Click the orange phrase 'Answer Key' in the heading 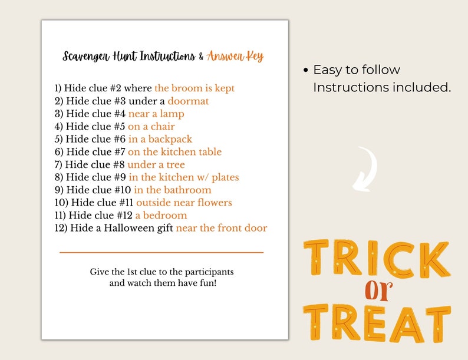235,57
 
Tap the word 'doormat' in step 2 188,101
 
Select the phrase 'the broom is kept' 195,88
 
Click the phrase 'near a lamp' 156,114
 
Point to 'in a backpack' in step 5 160,139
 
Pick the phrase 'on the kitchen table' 174,152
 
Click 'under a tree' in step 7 156,164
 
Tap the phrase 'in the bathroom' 172,190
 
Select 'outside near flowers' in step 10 184,203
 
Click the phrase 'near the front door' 222,228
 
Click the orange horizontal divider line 162,252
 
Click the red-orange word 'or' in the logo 377,289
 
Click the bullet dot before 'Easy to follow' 305,71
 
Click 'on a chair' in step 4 151,127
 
